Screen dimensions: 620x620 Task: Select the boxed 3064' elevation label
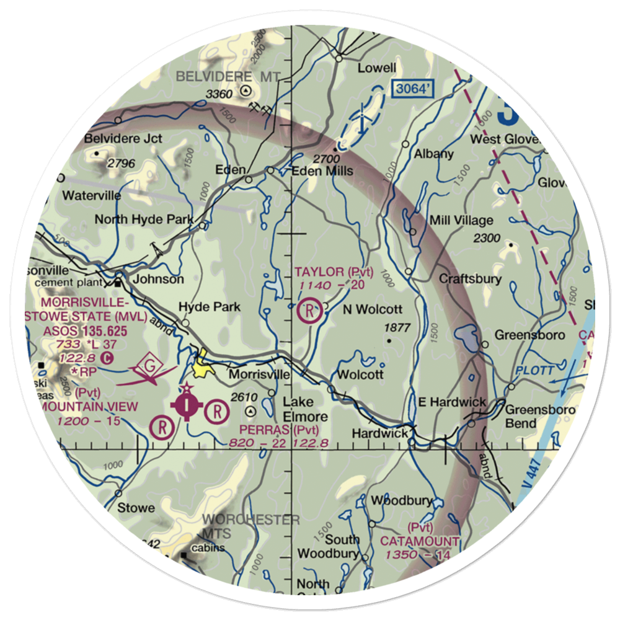coord(412,89)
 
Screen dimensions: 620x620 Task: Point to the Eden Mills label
coord(322,170)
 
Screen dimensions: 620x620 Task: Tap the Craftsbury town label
coord(470,278)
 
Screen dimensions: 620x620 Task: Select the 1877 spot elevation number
coord(398,328)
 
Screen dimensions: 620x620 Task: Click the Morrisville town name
coord(259,375)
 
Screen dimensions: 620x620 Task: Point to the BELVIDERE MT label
coord(228,76)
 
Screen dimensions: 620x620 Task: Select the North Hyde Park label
coord(144,219)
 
